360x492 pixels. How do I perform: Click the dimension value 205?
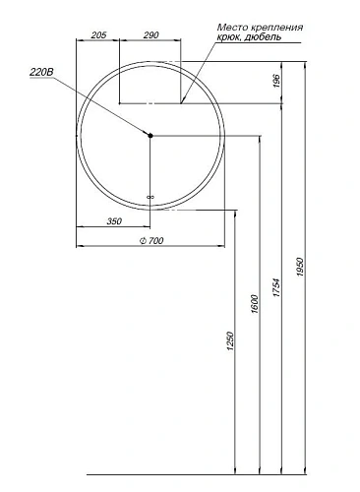(97, 34)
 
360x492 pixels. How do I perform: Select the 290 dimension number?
(150, 34)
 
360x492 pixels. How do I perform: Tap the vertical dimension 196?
(278, 81)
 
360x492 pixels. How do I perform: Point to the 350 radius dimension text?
(114, 221)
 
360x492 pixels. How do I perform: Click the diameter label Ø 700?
(150, 242)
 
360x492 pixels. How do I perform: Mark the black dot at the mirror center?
(150, 135)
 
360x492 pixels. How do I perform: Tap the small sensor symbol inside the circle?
(150, 197)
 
